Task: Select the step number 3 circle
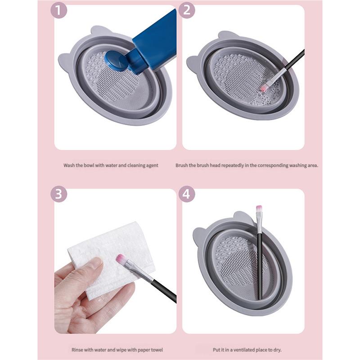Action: tap(58, 194)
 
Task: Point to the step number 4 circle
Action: tap(187, 194)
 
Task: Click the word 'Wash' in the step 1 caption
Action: tap(69, 165)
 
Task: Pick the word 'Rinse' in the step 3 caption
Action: tap(78, 349)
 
